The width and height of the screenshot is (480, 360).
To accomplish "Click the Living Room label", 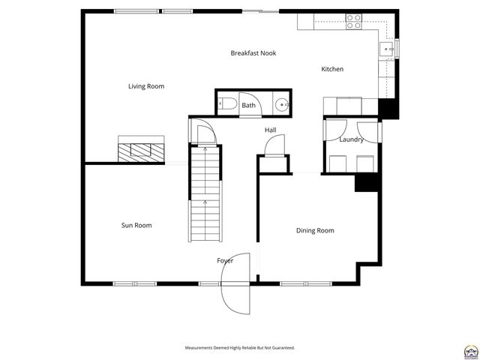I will (146, 86).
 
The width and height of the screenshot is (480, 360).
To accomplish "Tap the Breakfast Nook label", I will (253, 53).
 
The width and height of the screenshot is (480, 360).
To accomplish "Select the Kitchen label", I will (332, 70).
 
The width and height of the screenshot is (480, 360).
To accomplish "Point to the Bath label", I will (248, 106).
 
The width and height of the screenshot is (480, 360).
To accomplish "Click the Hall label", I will (270, 130).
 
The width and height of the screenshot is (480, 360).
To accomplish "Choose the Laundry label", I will (351, 139).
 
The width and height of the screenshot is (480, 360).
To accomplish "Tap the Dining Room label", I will (315, 230).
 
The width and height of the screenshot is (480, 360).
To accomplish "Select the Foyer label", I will (225, 260).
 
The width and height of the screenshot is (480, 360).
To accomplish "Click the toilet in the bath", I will (228, 104).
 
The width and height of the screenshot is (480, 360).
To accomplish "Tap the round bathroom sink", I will (283, 105).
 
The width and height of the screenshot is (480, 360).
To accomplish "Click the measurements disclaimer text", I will (240, 348).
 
